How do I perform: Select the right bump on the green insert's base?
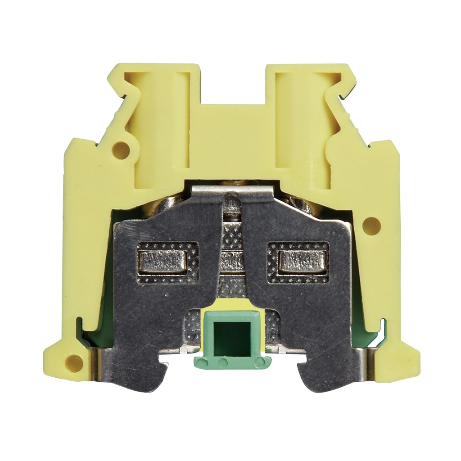pos(258,362)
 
